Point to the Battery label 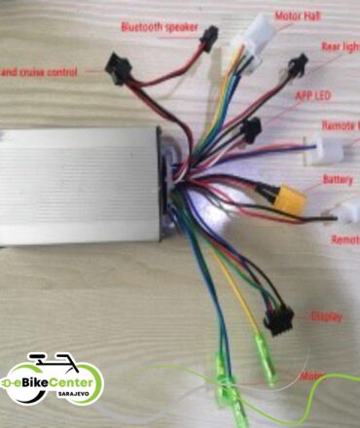tap(336, 180)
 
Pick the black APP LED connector tap(252, 128)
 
